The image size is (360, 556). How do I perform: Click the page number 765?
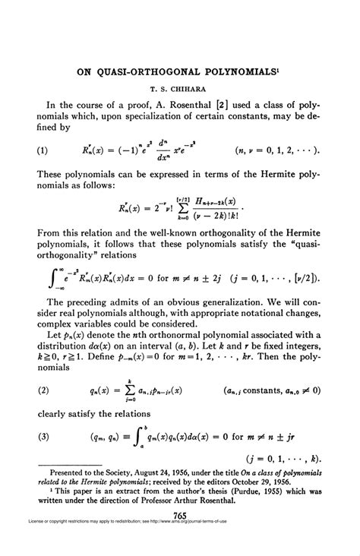[x=180, y=537]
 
